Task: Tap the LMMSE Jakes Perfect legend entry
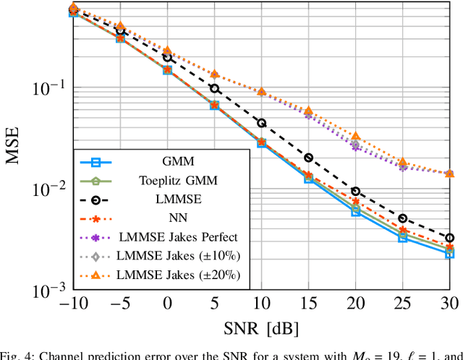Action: pyautogui.click(x=177, y=236)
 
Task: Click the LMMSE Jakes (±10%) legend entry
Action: pyautogui.click(x=177, y=255)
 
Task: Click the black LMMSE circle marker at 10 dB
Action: pyautogui.click(x=261, y=123)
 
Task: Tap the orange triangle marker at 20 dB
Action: pyautogui.click(x=355, y=136)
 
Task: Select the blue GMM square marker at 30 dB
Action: pyautogui.click(x=449, y=254)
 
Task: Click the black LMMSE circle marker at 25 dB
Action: pyautogui.click(x=402, y=218)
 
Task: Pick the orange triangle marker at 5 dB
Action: pyautogui.click(x=214, y=74)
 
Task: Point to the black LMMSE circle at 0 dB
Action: pyautogui.click(x=167, y=57)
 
